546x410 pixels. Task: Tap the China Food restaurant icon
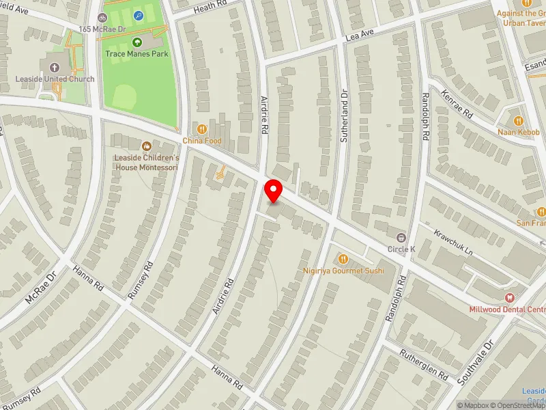tap(202, 128)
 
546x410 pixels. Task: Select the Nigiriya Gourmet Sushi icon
tap(343, 259)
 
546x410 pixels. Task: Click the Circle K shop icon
tap(401, 237)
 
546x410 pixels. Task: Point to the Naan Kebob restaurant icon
tap(519, 120)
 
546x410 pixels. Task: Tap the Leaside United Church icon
tap(54, 67)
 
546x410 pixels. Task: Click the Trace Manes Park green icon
tap(136, 42)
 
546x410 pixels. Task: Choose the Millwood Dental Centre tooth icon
tap(509, 297)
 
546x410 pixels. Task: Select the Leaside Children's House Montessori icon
tap(146, 146)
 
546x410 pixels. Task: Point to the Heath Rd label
tap(209, 7)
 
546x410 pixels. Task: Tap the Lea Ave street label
tap(360, 33)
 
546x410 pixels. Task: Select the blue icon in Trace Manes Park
tap(139, 15)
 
